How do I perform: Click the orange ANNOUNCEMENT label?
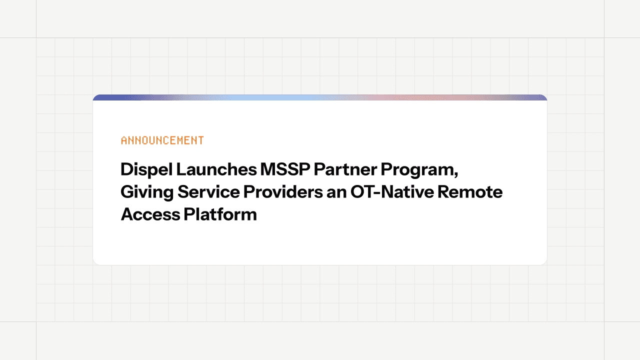pyautogui.click(x=162, y=140)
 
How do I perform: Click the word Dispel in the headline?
pyautogui.click(x=146, y=170)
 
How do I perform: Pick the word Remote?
pyautogui.click(x=470, y=192)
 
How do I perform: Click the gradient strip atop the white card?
pyautogui.click(x=320, y=97)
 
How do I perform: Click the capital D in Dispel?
pyautogui.click(x=126, y=170)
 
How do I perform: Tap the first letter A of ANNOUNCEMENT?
pyautogui.click(x=124, y=140)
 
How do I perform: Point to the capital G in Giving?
pyautogui.click(x=126, y=192)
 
